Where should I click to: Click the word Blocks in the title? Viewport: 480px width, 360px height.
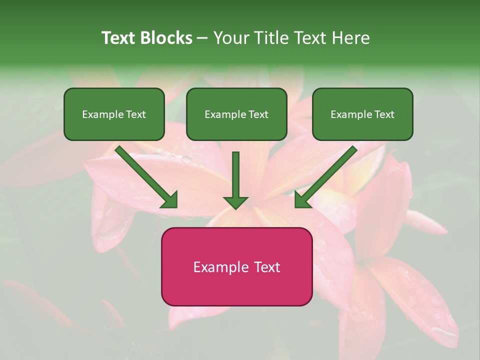coord(166,38)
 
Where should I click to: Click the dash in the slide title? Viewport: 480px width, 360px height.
coord(202,38)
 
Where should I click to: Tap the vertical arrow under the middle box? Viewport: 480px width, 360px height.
coord(235,175)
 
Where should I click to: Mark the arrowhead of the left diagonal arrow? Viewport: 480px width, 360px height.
coord(169,199)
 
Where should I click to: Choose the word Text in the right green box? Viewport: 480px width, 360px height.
coord(384,114)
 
